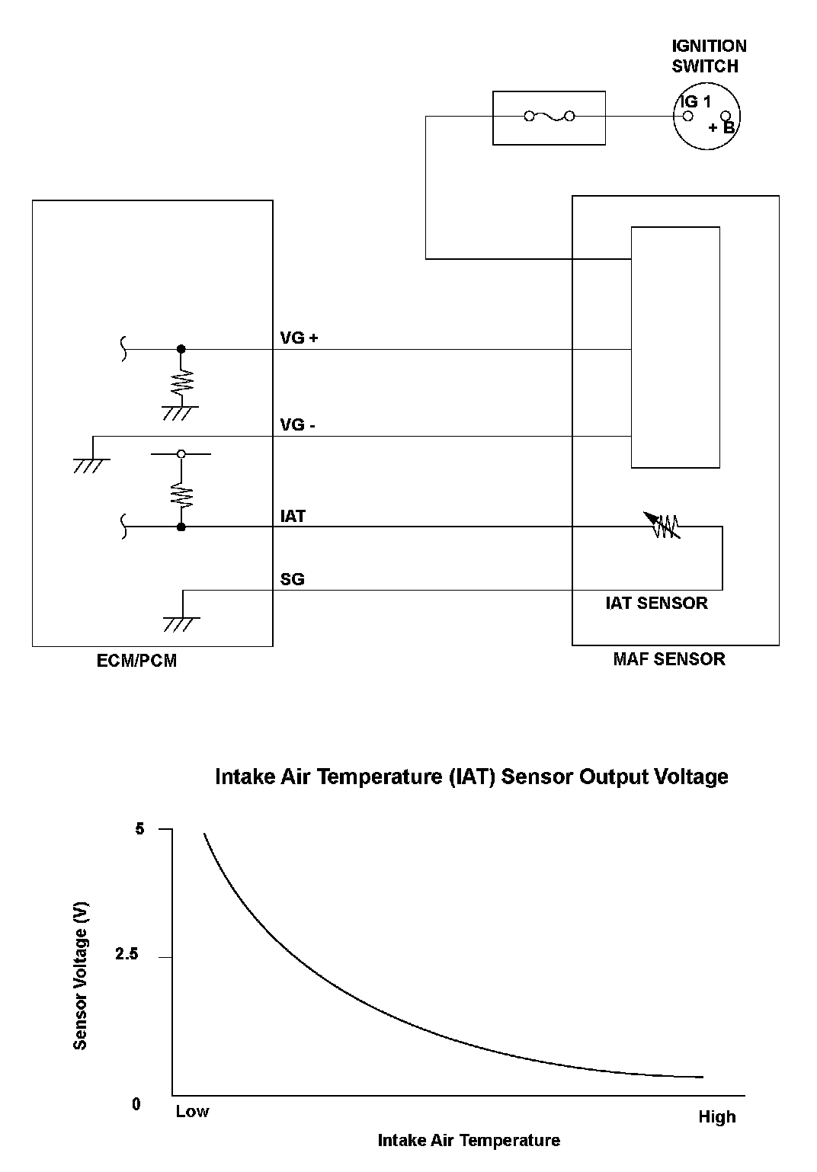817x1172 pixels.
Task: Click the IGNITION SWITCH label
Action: (x=709, y=56)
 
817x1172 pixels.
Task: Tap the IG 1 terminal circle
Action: (x=687, y=117)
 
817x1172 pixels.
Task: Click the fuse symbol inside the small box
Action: (x=549, y=117)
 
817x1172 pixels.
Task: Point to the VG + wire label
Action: (x=299, y=338)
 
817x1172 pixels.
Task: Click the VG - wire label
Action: (x=298, y=424)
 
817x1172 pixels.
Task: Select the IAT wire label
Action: (x=293, y=516)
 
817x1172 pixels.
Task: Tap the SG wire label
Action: (x=292, y=579)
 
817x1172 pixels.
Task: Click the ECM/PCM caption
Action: (x=136, y=661)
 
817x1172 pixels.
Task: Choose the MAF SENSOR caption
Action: (x=669, y=659)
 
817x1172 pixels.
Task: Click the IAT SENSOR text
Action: (x=656, y=603)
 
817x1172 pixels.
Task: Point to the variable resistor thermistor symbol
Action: (x=664, y=526)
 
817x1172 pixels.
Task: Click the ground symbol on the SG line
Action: (x=181, y=621)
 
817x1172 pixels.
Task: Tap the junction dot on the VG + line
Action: (x=181, y=349)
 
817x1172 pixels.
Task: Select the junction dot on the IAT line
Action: (x=181, y=527)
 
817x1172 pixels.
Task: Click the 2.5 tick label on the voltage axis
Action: (x=127, y=955)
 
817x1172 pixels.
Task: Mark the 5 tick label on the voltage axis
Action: (x=139, y=828)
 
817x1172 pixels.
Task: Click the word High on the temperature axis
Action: (x=716, y=1117)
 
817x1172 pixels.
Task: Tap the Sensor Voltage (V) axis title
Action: (x=80, y=975)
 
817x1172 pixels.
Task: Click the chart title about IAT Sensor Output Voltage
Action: (x=472, y=777)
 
